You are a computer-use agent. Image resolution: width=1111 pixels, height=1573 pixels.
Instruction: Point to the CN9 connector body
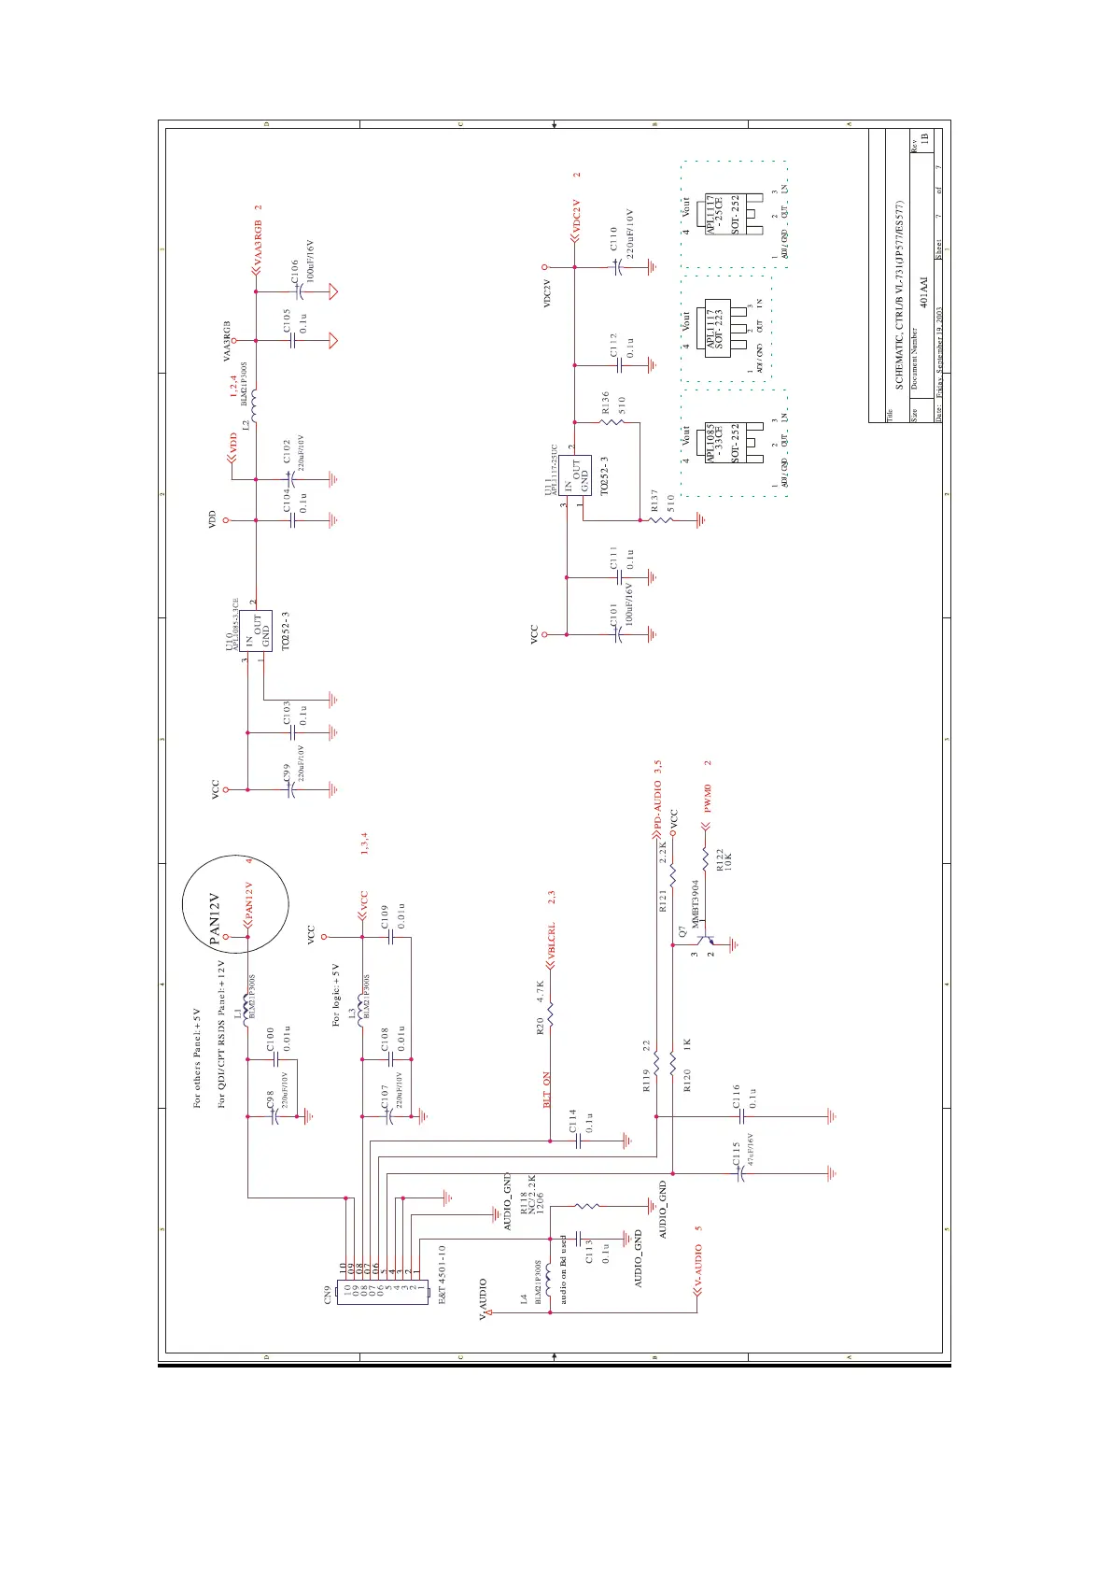tap(381, 1293)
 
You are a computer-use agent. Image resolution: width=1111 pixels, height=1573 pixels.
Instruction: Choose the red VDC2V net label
tap(576, 217)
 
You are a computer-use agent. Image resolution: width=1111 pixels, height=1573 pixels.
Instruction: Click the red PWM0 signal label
tap(708, 799)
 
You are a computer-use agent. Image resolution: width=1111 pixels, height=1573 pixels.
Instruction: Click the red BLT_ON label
tap(547, 1090)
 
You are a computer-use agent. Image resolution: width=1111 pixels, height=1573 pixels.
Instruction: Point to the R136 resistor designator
tap(605, 403)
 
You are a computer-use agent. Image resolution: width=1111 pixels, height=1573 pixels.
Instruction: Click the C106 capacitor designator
tap(295, 272)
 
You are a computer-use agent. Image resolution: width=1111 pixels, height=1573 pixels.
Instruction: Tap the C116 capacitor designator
tap(736, 1097)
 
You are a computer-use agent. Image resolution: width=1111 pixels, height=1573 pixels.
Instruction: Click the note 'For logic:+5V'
tap(336, 996)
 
